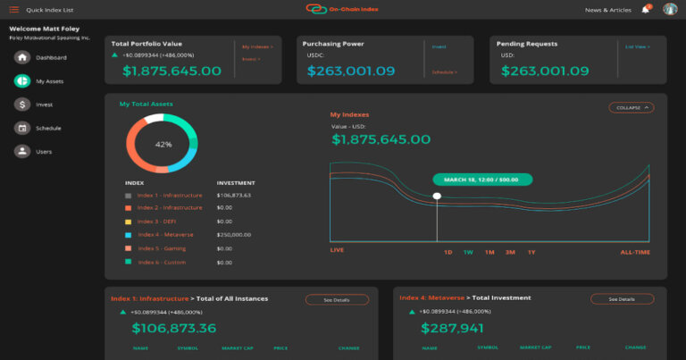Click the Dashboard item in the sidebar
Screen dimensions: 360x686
pyautogui.click(x=51, y=57)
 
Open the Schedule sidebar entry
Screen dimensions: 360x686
pyautogui.click(x=48, y=128)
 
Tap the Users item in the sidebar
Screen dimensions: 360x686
pyautogui.click(x=44, y=152)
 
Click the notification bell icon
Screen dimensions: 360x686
pyautogui.click(x=646, y=10)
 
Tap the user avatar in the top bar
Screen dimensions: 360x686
pyautogui.click(x=670, y=10)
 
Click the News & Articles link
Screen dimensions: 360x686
pyautogui.click(x=608, y=10)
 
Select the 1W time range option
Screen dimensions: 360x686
pyautogui.click(x=468, y=252)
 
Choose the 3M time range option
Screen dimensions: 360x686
pyautogui.click(x=510, y=252)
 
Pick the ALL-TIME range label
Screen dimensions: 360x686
pyautogui.click(x=635, y=252)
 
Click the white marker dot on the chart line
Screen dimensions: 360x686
pyautogui.click(x=437, y=196)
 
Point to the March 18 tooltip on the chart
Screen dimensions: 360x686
pyautogui.click(x=482, y=179)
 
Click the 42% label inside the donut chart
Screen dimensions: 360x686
pyautogui.click(x=163, y=144)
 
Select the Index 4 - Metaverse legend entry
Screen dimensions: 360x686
pyautogui.click(x=166, y=235)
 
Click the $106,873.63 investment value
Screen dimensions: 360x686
pyautogui.click(x=234, y=195)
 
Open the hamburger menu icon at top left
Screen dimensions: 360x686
pyautogui.click(x=13, y=10)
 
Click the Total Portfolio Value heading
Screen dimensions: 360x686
pyautogui.click(x=146, y=43)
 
